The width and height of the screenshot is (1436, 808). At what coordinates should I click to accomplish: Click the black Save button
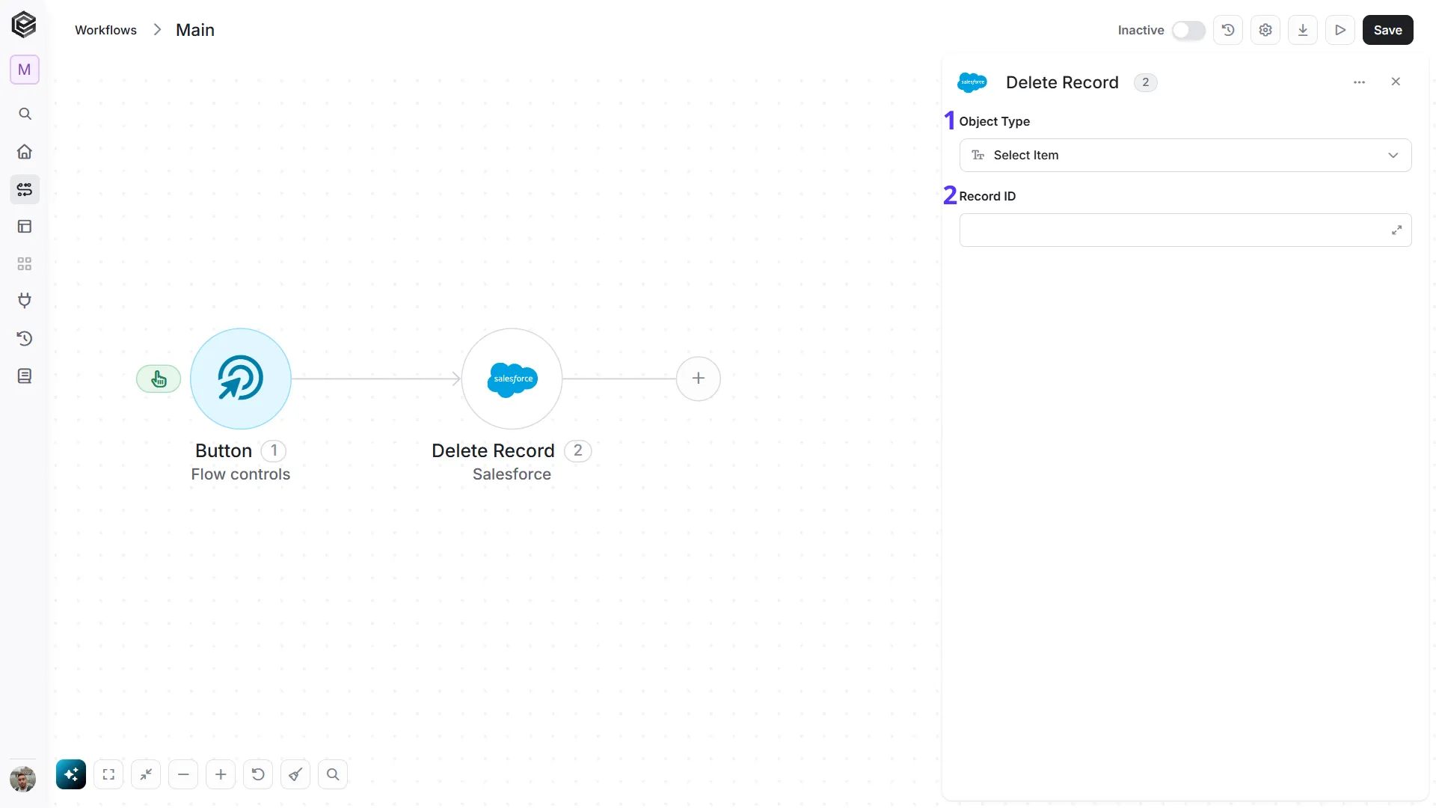pyautogui.click(x=1387, y=30)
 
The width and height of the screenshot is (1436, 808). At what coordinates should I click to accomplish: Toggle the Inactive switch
pyautogui.click(x=1188, y=30)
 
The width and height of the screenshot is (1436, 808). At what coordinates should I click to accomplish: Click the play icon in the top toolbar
pyautogui.click(x=1340, y=30)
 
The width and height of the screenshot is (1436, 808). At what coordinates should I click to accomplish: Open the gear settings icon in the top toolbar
pyautogui.click(x=1265, y=30)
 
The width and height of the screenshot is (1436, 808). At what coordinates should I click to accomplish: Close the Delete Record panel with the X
pyautogui.click(x=1396, y=82)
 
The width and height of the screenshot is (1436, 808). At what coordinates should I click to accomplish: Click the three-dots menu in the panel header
pyautogui.click(x=1360, y=82)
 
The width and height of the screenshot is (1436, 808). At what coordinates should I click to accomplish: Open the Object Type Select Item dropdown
pyautogui.click(x=1185, y=155)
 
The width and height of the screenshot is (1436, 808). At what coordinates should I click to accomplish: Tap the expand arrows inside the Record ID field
pyautogui.click(x=1396, y=230)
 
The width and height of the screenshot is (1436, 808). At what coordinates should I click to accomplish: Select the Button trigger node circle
pyautogui.click(x=241, y=379)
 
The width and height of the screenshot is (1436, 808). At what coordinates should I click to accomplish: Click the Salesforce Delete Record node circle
pyautogui.click(x=512, y=379)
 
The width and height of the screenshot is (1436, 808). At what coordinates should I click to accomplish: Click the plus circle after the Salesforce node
pyautogui.click(x=699, y=379)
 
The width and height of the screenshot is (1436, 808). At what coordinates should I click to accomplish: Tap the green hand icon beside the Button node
pyautogui.click(x=159, y=379)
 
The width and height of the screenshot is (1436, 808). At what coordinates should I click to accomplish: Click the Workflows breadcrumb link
pyautogui.click(x=105, y=30)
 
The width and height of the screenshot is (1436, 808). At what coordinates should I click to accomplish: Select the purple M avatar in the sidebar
pyautogui.click(x=25, y=70)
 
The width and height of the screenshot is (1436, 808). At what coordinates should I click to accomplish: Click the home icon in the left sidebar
pyautogui.click(x=25, y=152)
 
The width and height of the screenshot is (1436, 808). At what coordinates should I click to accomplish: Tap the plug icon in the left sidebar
pyautogui.click(x=25, y=301)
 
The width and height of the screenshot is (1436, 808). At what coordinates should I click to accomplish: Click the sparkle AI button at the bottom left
pyautogui.click(x=71, y=774)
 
